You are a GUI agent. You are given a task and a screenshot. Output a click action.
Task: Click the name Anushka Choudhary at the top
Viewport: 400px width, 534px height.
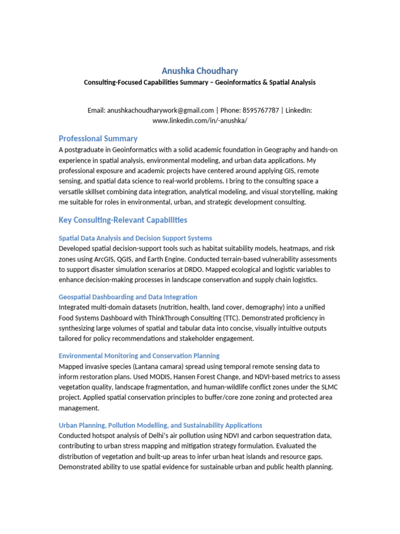click(x=200, y=71)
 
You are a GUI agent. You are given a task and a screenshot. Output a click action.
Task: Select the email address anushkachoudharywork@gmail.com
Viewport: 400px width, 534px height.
click(x=160, y=110)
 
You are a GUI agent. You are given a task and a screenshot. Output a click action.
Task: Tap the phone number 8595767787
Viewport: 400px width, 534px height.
click(x=260, y=110)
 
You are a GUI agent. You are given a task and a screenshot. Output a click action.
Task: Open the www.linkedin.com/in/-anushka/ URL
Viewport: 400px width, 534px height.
click(x=200, y=120)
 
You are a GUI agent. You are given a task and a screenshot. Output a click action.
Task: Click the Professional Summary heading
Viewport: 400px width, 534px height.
click(x=98, y=139)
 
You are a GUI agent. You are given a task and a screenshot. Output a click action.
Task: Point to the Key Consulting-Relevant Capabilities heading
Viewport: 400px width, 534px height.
click(x=123, y=220)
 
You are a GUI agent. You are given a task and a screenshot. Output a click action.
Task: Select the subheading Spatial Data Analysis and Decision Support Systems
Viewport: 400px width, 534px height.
click(x=135, y=238)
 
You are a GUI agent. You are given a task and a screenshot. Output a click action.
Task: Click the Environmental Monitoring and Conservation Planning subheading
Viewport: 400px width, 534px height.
click(x=139, y=356)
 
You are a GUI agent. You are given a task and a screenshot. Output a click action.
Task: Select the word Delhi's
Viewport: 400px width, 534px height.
click(x=155, y=436)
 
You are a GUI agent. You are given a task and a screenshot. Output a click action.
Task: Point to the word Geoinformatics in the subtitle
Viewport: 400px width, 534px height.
click(x=234, y=82)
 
